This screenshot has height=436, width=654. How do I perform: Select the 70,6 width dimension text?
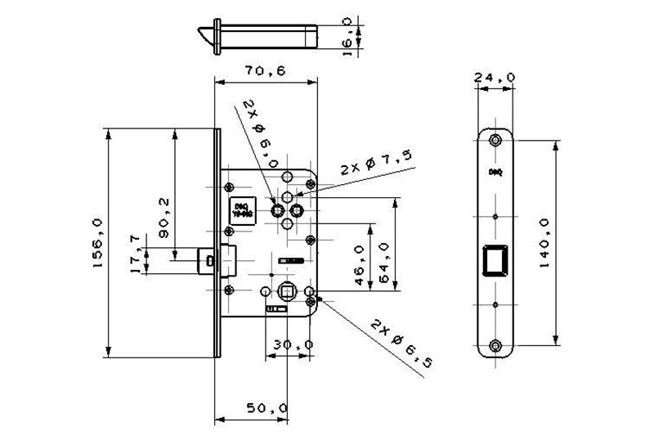pos(264,71)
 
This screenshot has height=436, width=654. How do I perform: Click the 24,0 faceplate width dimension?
pos(495,78)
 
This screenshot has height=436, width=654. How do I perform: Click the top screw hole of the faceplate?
pos(495,141)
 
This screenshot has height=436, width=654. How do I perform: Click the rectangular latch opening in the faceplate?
pos(495,260)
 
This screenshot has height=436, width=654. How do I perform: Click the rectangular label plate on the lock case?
pos(241,209)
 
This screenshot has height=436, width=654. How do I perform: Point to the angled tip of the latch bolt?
pos(205,34)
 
